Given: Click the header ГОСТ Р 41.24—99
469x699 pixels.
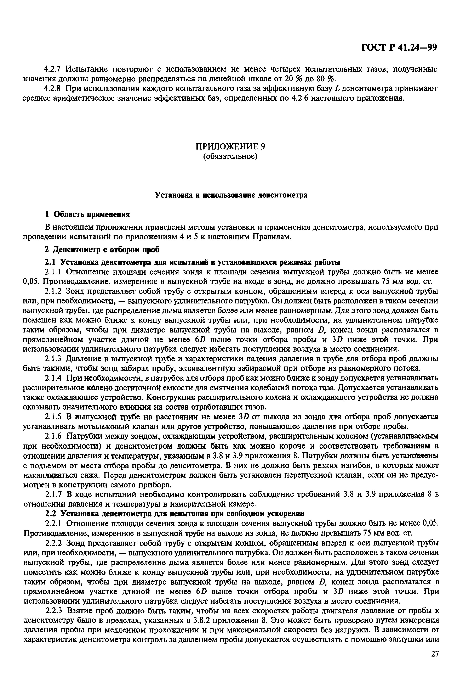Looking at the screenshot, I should (399, 48).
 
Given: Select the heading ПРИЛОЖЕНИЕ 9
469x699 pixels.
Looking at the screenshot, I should (230, 146).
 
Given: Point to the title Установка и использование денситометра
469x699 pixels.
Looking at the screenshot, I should (231, 195).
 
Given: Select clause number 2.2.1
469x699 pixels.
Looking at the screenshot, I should (54, 524).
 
